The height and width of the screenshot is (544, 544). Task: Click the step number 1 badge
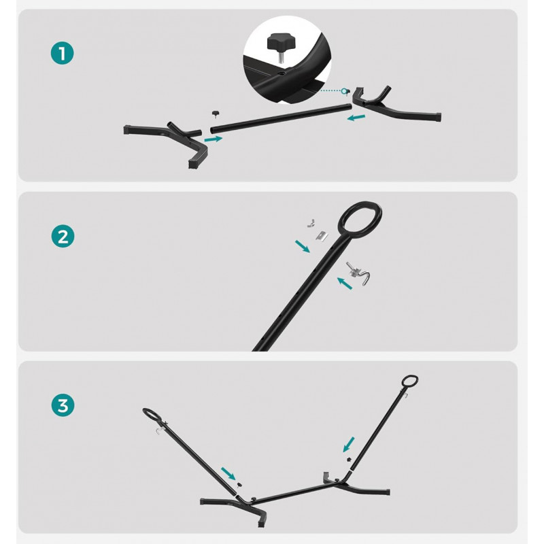coord(63,54)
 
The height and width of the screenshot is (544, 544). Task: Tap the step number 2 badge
coord(63,236)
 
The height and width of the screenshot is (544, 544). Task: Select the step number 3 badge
coord(63,405)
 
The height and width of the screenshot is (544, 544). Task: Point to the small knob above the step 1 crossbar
coord(216,114)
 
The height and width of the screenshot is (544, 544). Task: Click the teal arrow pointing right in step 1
coord(214,139)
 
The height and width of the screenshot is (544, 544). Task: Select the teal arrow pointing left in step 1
coord(356,118)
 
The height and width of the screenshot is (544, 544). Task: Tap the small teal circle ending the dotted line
coord(344,91)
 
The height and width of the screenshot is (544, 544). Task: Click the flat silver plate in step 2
coord(322,236)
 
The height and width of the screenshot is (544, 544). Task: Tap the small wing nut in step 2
coord(311,223)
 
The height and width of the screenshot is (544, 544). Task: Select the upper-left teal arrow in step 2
coord(302,246)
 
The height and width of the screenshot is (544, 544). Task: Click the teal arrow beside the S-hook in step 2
coord(345,283)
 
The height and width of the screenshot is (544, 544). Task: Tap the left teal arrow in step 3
coord(228,473)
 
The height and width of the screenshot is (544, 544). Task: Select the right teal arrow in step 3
coord(349,445)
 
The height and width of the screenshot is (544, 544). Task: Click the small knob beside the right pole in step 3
coord(349,460)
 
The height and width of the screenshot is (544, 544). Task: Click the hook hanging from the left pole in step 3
coord(159,431)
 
